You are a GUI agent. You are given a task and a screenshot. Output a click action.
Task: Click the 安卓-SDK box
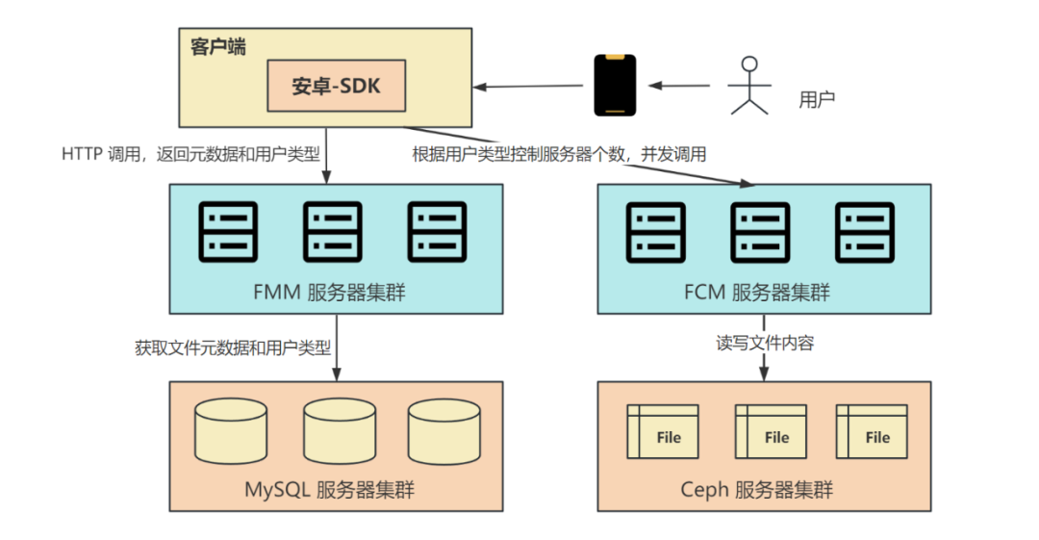point(336,86)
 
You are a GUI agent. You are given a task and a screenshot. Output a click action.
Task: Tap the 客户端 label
point(217,46)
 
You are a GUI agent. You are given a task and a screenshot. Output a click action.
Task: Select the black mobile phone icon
point(615,86)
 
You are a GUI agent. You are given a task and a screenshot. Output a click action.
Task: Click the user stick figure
point(749,86)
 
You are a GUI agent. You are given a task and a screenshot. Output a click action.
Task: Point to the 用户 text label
point(817,99)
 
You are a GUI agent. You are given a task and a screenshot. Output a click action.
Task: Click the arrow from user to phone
point(681,86)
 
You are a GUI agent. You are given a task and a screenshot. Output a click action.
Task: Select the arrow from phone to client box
point(533,87)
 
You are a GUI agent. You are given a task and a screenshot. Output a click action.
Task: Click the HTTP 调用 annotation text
point(190,153)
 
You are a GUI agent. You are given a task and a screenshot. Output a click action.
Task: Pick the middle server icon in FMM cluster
point(333,231)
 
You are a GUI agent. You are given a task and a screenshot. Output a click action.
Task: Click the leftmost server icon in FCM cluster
point(656,231)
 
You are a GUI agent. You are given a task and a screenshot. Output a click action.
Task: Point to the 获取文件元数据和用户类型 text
point(233,347)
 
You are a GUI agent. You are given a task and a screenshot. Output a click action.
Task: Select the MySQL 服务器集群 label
point(336,489)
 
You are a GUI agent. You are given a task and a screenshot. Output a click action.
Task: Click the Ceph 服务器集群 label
point(763,489)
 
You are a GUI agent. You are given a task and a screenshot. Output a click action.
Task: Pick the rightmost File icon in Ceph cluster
point(872,431)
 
